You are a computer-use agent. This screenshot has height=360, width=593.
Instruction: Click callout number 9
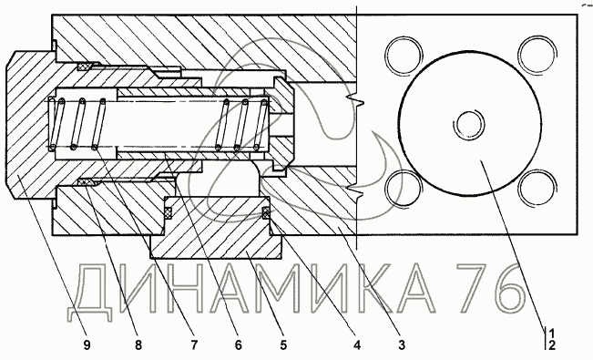[x=87, y=345]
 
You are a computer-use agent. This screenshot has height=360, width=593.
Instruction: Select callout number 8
[x=138, y=345]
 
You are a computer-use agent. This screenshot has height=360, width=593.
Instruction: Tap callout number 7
[x=194, y=345]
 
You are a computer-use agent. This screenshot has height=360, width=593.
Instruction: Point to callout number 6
[x=238, y=345]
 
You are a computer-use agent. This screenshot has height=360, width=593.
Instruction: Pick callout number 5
[x=283, y=345]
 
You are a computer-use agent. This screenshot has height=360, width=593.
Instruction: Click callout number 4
[x=357, y=345]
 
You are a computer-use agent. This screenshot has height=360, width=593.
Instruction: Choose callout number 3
[x=402, y=345]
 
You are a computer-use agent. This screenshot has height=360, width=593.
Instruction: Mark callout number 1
[x=552, y=334]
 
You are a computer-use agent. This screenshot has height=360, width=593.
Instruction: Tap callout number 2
[x=552, y=345]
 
